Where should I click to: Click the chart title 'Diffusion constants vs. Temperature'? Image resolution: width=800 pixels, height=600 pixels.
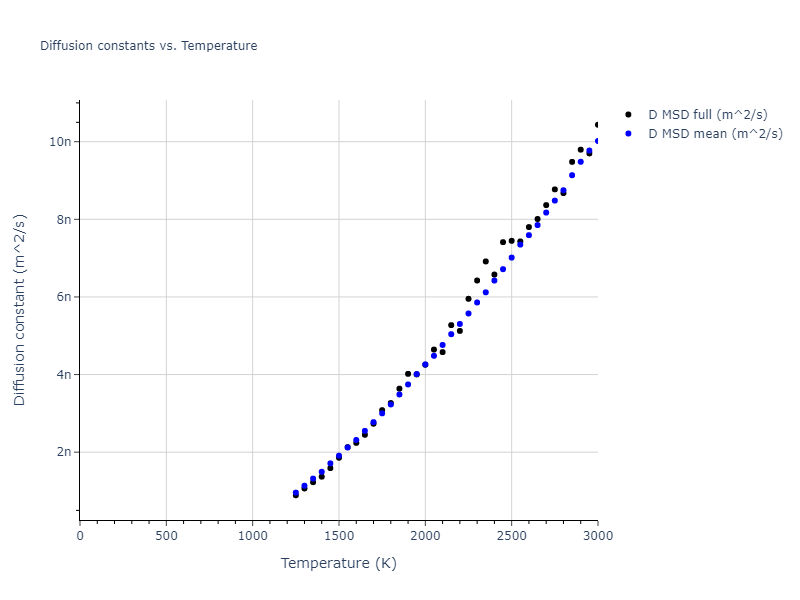[148, 46]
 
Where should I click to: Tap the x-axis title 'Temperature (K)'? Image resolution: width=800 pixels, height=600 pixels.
[339, 563]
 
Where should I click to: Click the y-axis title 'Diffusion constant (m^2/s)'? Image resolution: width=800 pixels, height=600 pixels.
[20, 310]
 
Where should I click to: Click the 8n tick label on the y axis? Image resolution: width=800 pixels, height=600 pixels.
[62, 219]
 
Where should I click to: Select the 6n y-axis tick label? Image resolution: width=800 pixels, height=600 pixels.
[62, 297]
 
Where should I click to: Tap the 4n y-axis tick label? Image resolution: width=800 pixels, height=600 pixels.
[62, 374]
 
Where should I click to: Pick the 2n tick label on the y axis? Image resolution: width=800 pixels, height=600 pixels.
[62, 452]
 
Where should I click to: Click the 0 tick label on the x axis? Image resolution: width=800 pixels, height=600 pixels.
[80, 536]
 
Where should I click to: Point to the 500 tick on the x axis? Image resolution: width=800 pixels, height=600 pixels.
[166, 536]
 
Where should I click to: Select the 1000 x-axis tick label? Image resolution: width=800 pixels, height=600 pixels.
[252, 536]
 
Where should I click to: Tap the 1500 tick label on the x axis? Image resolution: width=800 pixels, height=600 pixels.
[339, 536]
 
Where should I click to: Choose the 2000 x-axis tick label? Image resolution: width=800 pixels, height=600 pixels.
[425, 536]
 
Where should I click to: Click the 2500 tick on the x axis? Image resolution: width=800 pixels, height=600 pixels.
[511, 536]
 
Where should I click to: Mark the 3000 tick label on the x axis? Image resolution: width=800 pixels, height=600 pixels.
[597, 536]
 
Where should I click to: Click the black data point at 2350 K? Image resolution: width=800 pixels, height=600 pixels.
[486, 261]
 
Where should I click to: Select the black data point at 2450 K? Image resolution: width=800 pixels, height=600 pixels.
[503, 242]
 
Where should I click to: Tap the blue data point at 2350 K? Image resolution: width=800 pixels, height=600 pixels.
[486, 292]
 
